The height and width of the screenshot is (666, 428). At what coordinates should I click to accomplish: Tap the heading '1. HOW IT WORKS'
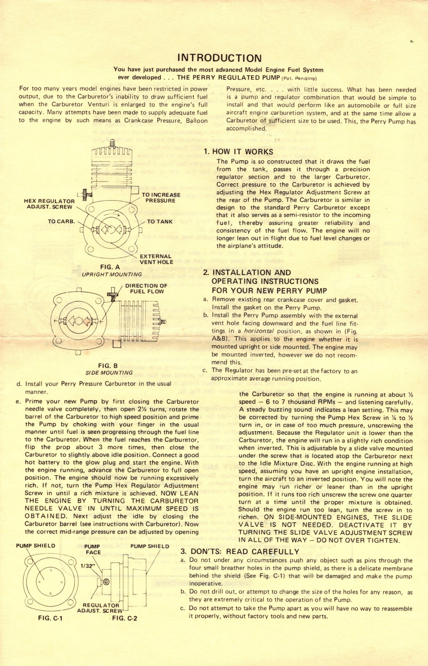point(238,152)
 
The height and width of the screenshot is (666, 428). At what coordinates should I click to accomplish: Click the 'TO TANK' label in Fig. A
point(160,221)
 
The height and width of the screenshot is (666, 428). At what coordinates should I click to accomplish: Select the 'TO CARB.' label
point(62,221)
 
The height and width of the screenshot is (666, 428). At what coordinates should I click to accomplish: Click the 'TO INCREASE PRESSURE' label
point(161,198)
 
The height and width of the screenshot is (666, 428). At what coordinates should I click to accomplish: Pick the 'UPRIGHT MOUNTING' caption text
point(112,274)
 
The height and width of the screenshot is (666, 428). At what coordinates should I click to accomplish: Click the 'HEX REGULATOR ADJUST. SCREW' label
point(49,204)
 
